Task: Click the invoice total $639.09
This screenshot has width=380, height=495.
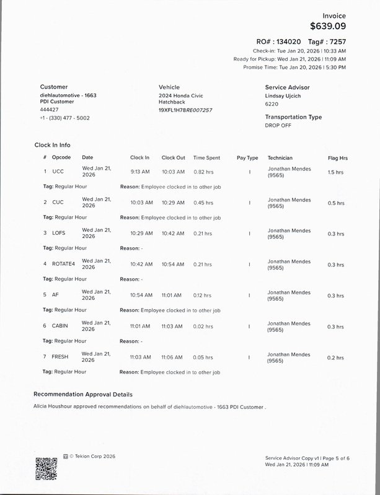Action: (x=328, y=26)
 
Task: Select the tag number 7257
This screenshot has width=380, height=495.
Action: (x=337, y=41)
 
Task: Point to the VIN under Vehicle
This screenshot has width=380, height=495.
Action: (x=185, y=110)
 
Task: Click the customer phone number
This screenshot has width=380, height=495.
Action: (x=64, y=118)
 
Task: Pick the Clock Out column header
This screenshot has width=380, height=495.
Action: (x=173, y=158)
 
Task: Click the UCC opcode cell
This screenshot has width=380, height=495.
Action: (x=58, y=172)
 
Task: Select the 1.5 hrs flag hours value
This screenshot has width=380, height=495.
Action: (x=335, y=172)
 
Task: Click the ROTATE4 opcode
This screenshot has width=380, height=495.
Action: (x=63, y=264)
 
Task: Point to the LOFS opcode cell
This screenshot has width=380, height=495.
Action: (x=59, y=233)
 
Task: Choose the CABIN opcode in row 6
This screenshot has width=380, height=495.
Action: (x=60, y=326)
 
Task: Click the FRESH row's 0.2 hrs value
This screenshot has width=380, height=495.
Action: (x=335, y=357)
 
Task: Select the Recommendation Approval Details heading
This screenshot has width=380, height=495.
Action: (x=82, y=394)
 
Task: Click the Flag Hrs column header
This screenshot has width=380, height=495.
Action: (x=338, y=158)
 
